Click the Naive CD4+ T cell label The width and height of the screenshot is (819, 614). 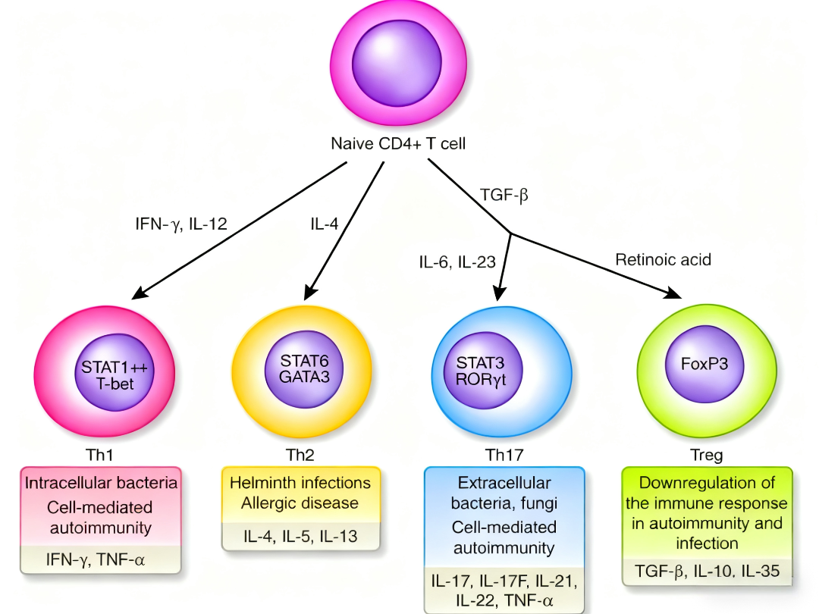pyautogui.click(x=397, y=143)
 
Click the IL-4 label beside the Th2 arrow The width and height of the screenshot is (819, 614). pyautogui.click(x=325, y=224)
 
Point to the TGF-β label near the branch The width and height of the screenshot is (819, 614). pyautogui.click(x=504, y=195)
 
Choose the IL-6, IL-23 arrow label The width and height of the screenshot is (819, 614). pyautogui.click(x=457, y=262)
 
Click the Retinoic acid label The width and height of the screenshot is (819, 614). pyautogui.click(x=663, y=260)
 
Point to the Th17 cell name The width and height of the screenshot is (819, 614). pyautogui.click(x=504, y=456)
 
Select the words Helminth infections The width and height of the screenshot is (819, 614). pyautogui.click(x=300, y=483)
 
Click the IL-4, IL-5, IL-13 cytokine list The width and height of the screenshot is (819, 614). pyautogui.click(x=300, y=537)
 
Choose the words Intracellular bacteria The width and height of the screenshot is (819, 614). pyautogui.click(x=101, y=483)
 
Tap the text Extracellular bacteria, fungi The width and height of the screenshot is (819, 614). pyautogui.click(x=504, y=493)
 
